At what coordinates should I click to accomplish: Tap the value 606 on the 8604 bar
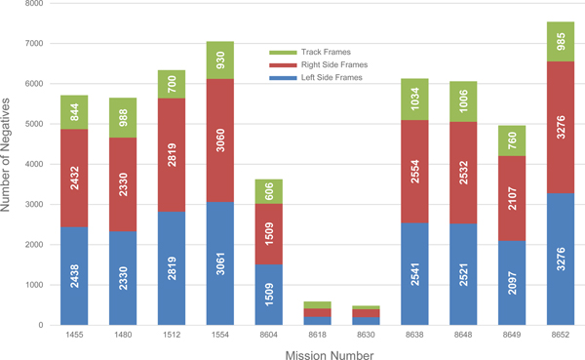point(268,191)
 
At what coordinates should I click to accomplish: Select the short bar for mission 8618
point(317,313)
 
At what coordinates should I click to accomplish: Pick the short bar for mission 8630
point(365,315)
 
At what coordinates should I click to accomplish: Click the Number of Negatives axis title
point(10,164)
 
